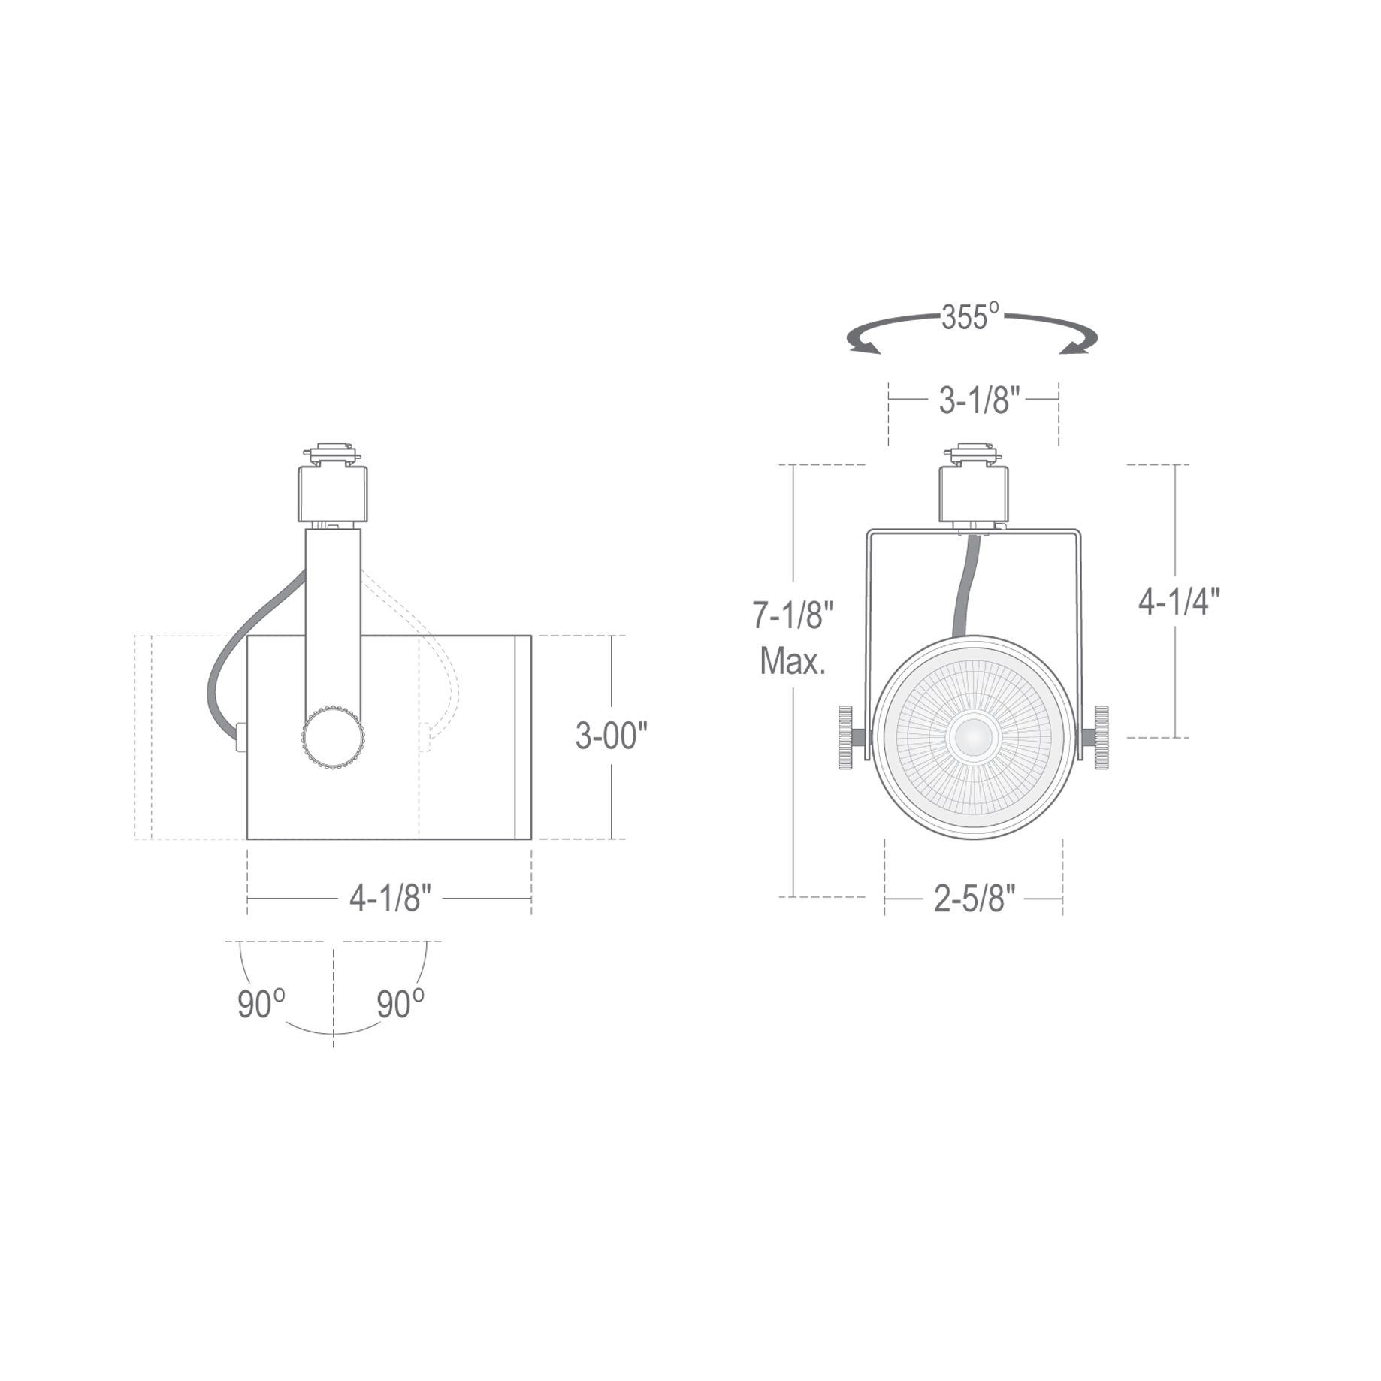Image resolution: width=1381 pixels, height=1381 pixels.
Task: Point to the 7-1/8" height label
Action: pos(793,616)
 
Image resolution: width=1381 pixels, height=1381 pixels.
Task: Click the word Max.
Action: pos(793,662)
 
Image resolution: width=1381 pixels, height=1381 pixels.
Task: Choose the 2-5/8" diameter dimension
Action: pos(975,898)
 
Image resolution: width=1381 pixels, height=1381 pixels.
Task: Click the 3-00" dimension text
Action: pos(611,736)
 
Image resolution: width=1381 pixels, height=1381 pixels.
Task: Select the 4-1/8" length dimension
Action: pos(390,898)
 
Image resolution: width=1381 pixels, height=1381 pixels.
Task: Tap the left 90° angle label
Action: pos(261,1005)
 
